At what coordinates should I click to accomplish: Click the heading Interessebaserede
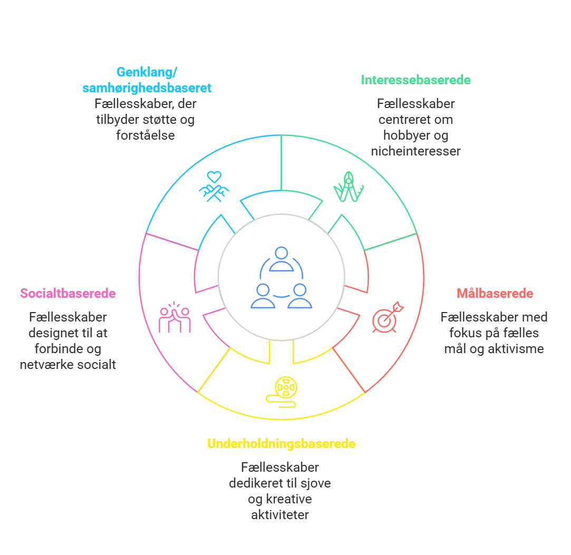click(415, 80)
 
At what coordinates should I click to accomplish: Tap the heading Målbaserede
click(495, 294)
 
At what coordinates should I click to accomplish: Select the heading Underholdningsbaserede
click(281, 444)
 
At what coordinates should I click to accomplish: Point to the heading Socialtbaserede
click(68, 294)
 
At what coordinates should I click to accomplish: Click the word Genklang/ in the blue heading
click(147, 72)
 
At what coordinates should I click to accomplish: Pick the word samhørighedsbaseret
click(147, 88)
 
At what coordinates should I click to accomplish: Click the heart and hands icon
click(214, 187)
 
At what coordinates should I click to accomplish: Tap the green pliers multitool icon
click(349, 187)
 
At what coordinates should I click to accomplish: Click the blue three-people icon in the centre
click(281, 277)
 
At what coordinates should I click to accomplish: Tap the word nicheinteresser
click(415, 151)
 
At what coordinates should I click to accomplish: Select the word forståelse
click(146, 135)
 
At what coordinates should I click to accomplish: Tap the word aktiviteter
click(280, 514)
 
